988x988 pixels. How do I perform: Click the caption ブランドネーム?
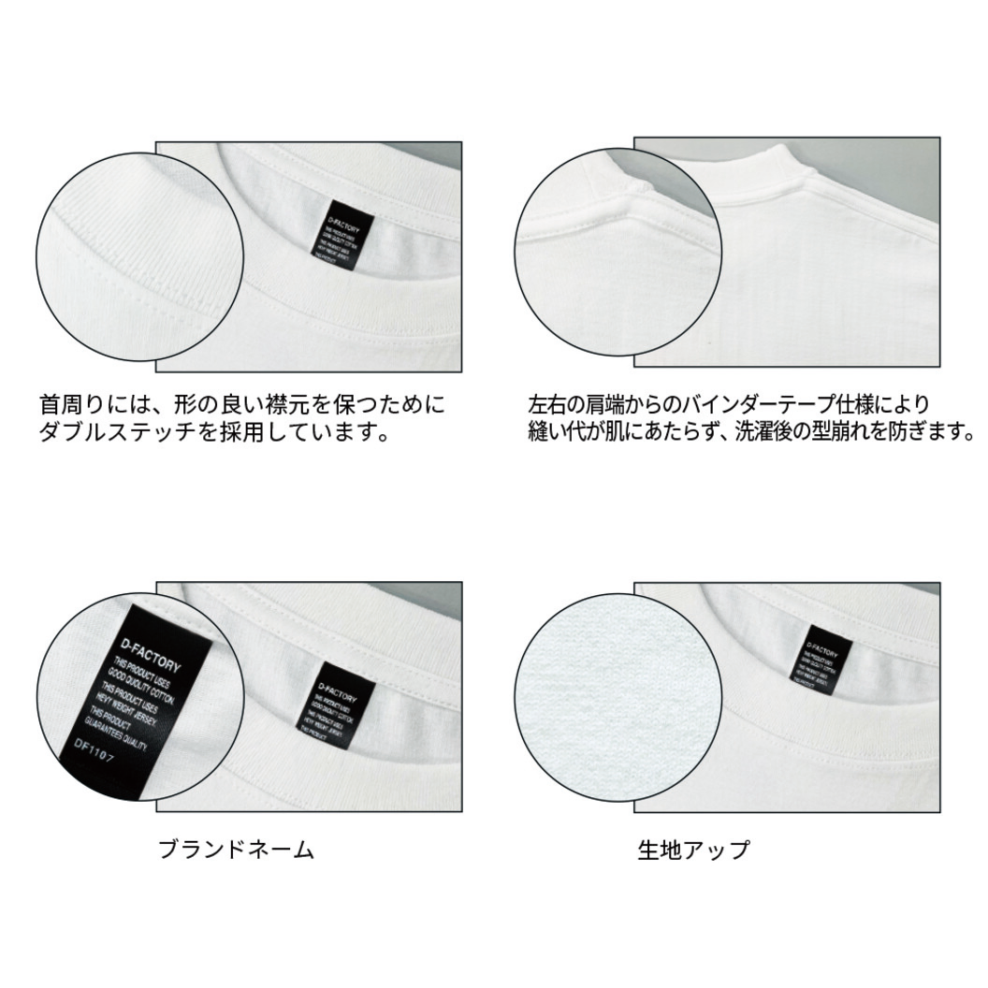235,850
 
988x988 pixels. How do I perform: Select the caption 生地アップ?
693,850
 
